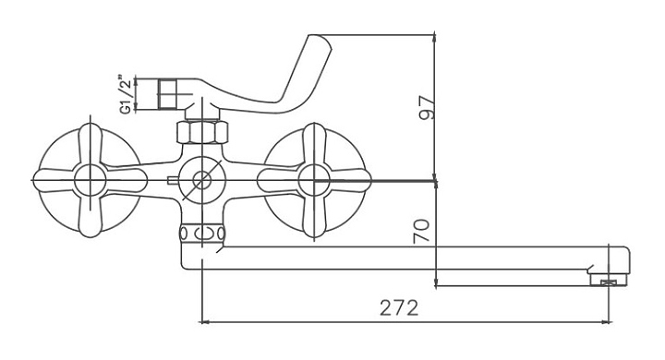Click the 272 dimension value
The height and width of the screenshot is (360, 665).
pos(399,307)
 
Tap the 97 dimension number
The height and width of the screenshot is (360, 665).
pos(426,108)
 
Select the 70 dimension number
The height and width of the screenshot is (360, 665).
pos(421,231)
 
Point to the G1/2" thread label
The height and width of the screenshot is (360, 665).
pos(126,94)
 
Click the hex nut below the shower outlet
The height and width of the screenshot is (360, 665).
pos(202,131)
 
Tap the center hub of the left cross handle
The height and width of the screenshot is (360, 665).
pos(90,180)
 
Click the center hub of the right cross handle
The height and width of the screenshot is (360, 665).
pos(314,180)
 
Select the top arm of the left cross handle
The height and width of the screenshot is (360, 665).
pos(91,143)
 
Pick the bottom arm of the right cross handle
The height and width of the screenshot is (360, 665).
pos(314,216)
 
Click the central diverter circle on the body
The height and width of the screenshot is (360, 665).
pos(202,180)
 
